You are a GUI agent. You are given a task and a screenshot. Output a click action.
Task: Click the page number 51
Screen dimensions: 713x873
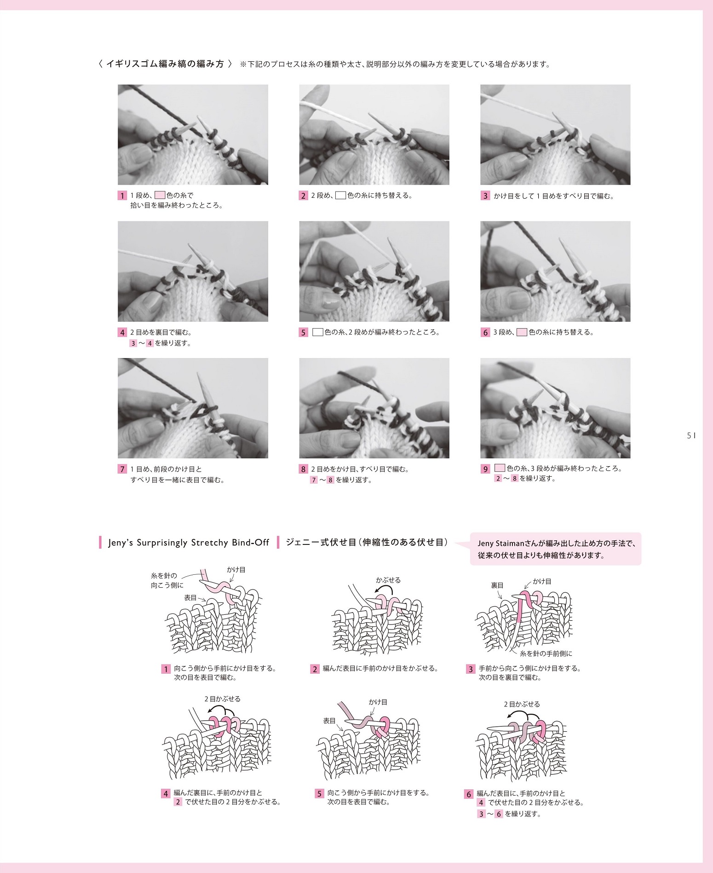tap(691, 435)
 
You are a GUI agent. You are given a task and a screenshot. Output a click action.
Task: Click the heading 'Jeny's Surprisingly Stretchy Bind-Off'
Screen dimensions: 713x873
tap(189, 543)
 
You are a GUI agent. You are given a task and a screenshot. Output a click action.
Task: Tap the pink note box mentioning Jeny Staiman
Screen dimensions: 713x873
tap(556, 549)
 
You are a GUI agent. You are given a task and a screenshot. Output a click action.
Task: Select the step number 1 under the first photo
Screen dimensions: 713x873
tap(122, 196)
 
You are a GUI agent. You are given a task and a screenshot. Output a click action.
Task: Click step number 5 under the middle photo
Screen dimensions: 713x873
tap(303, 332)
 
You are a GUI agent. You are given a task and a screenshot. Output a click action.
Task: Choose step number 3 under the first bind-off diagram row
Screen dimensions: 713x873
tap(470, 669)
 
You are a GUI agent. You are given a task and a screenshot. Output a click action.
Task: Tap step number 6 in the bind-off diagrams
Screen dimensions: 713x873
tap(469, 794)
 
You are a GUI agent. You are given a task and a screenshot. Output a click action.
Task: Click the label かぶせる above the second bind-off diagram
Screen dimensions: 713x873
tap(388, 580)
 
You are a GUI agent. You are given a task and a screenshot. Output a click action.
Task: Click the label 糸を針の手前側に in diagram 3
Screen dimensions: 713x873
tap(546, 653)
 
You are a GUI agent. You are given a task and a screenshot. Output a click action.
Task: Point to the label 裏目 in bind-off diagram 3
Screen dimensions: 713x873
tap(497, 585)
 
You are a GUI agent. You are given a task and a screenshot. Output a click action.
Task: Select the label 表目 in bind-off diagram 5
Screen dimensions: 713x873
tap(329, 721)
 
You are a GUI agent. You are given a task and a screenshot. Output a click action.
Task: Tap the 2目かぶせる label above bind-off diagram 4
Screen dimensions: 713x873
tap(223, 699)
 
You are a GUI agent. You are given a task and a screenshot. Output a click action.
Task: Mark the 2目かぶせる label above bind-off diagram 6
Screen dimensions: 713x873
tap(522, 704)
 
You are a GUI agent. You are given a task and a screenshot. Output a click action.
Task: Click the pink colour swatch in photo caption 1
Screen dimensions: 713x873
tap(160, 195)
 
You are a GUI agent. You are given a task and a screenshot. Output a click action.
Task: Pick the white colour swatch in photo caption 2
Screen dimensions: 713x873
tap(340, 195)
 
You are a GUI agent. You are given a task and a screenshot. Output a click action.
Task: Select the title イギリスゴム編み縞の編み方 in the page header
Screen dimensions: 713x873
tap(165, 64)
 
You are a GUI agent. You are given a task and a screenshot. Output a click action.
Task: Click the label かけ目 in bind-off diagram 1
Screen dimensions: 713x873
tap(236, 570)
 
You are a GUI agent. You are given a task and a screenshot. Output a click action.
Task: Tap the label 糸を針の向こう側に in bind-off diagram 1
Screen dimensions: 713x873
tap(167, 580)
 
